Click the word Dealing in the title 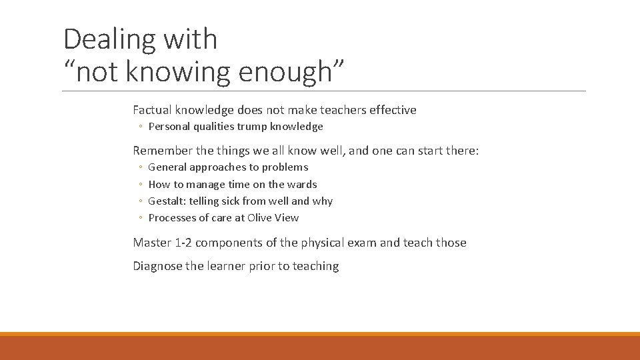click(106, 40)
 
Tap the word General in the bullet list click(167, 167)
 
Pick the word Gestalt click(167, 201)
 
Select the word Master click(151, 243)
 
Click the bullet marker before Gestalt click(140, 201)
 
